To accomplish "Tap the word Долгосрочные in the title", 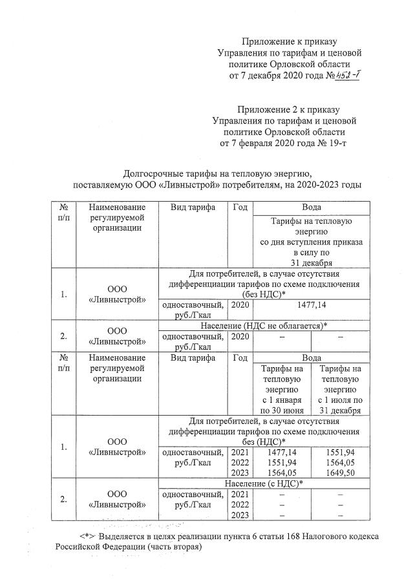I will coord(153,173).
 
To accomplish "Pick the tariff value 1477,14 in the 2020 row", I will coord(312,303).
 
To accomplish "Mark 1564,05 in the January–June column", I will coord(282,473).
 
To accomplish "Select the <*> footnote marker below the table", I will coord(87,537).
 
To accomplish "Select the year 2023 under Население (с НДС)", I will coord(240,515).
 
